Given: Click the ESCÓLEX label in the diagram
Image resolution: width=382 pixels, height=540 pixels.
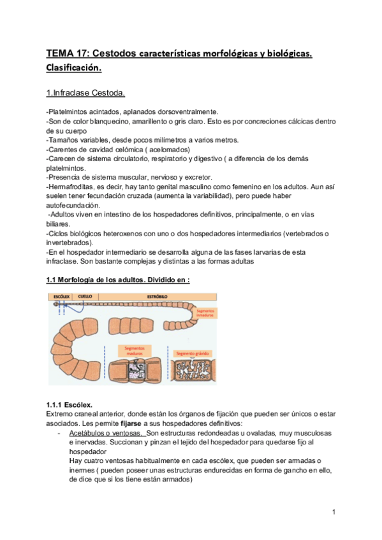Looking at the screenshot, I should coord(61,296).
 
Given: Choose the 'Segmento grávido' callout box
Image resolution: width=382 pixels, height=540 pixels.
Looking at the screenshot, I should coord(193,352).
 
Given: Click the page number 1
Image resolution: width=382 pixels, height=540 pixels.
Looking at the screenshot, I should coord(334,511).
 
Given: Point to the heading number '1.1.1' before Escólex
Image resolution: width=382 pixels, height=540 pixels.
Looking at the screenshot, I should coord(57,404).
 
